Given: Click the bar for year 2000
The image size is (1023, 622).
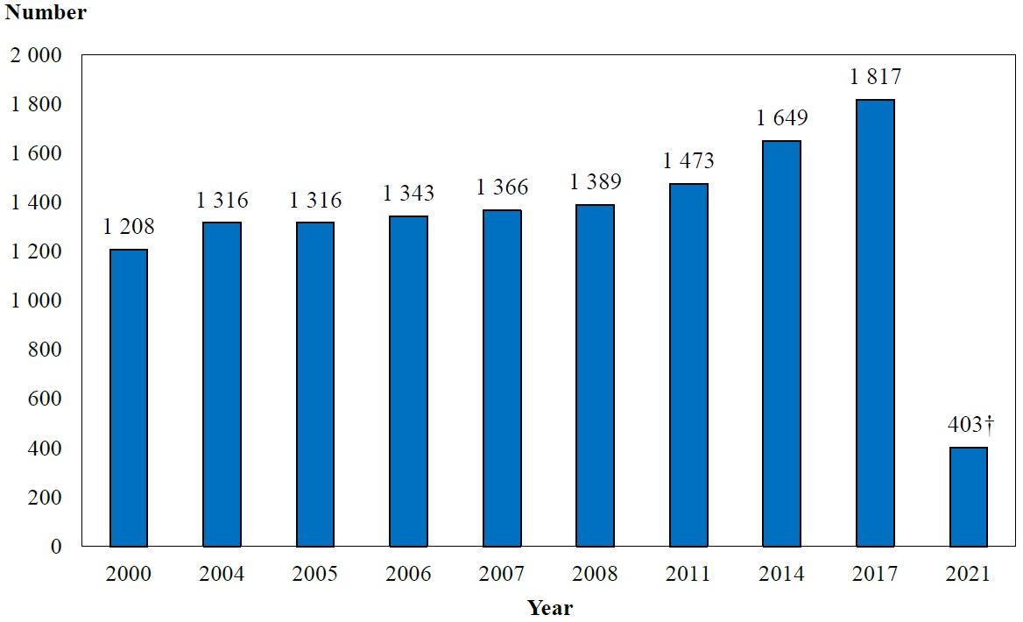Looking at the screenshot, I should (129, 398).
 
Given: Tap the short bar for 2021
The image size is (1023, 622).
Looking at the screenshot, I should (968, 497).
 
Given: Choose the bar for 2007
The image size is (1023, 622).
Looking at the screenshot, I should (502, 378).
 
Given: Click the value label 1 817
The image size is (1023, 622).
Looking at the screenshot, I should (875, 77).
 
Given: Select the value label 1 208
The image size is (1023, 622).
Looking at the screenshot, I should (129, 228).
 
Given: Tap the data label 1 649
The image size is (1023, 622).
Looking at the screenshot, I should (782, 118).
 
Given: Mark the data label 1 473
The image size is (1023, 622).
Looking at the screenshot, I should (688, 161).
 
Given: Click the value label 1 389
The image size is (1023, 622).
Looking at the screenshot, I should (596, 182).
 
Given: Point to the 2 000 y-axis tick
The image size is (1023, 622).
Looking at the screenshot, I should (36, 56).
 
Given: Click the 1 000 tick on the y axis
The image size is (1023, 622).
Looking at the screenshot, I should (36, 301).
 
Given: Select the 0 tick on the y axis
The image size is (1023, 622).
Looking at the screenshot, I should (56, 547).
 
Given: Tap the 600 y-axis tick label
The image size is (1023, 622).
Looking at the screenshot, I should (45, 399).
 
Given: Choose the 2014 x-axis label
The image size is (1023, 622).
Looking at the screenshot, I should (782, 575).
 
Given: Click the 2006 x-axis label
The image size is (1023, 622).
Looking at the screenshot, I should (409, 575).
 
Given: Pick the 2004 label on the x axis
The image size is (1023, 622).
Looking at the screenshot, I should (222, 575).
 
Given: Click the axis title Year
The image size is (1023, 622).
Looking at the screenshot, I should (549, 608).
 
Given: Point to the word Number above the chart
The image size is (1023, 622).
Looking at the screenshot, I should (46, 13).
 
